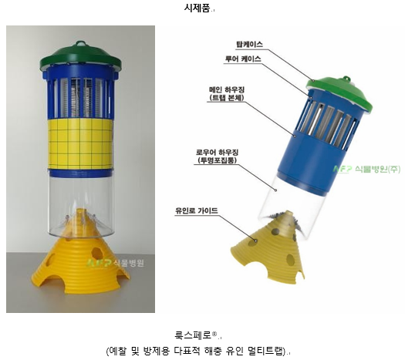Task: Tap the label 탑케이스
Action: tap(249, 45)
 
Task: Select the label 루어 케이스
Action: tap(243, 59)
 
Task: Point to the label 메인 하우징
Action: tap(227, 89)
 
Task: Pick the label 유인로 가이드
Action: tap(197, 210)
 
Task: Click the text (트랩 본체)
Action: tap(227, 98)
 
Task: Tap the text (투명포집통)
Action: tap(218, 160)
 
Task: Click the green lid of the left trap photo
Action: tap(80, 57)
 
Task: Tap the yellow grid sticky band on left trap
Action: tap(80, 143)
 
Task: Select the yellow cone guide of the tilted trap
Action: tap(268, 247)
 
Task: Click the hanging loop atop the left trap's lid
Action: tap(80, 43)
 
